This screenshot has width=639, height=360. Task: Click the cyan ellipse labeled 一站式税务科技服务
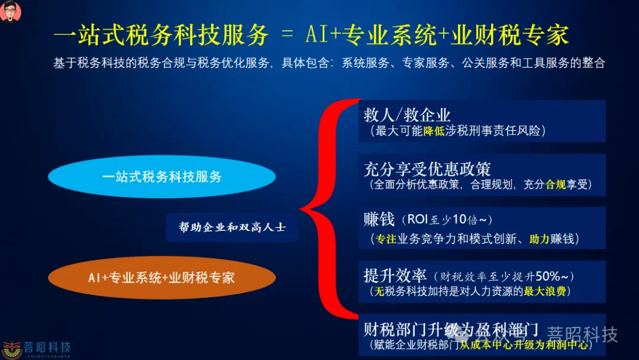[162, 176]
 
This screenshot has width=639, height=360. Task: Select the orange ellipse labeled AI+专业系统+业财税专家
[162, 277]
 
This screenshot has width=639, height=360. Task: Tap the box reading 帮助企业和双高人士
[232, 227]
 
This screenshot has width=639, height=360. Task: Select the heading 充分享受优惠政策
[427, 168]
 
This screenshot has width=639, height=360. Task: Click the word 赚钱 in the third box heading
[379, 220]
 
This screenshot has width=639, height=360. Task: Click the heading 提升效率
[395, 275]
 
